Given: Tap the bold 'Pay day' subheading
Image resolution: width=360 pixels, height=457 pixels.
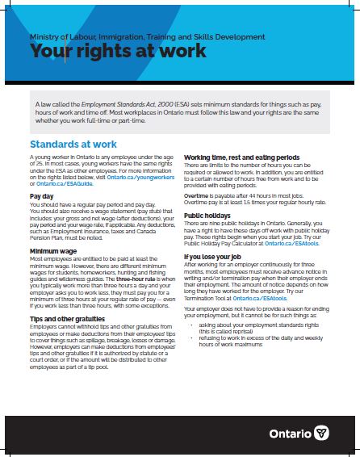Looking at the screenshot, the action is [x=41, y=196].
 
